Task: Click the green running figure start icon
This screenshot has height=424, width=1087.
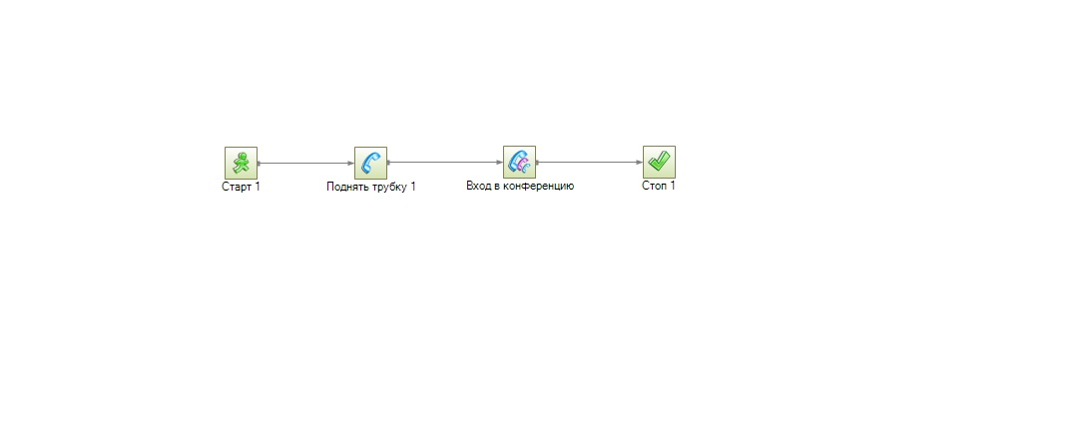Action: coord(242,163)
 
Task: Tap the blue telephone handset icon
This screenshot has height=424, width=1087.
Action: coord(371,163)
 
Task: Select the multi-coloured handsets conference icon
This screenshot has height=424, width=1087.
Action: coord(519,162)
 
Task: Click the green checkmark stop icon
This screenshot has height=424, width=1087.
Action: coord(659,162)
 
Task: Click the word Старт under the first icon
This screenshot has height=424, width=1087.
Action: coord(237,187)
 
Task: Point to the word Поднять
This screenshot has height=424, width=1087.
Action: coord(348,188)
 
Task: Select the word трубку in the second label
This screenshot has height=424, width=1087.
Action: coord(390,188)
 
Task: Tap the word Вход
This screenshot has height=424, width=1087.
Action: coord(478,186)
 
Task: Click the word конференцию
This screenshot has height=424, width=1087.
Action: coord(538,187)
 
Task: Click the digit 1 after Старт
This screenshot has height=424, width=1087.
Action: coord(258,187)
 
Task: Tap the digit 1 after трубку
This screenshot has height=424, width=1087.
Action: coord(413,188)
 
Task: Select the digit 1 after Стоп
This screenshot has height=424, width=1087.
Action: coord(673,186)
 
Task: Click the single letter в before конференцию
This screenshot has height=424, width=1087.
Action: coord(496,187)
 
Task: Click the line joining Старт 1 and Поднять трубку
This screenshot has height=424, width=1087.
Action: coord(305,164)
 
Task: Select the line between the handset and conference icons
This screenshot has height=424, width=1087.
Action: coord(445,163)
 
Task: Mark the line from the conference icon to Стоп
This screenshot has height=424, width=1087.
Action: coord(589,163)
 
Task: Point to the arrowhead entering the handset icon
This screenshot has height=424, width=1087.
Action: coord(350,164)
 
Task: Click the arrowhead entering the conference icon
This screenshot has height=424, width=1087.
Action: coord(499,163)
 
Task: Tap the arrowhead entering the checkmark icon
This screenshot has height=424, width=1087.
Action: coord(639,163)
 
